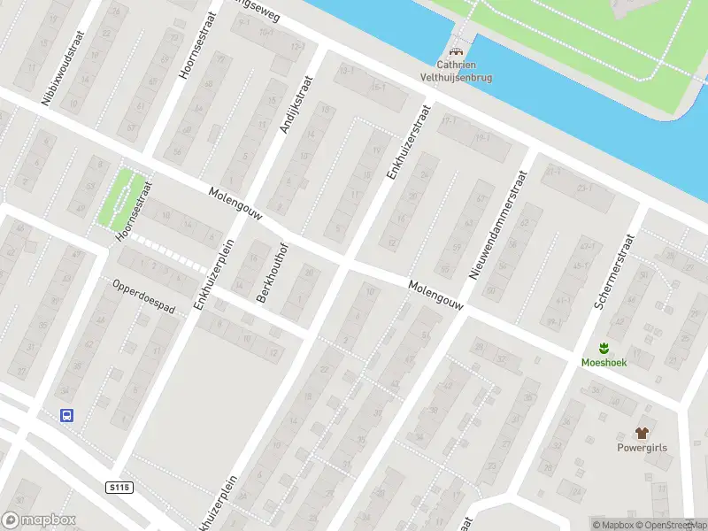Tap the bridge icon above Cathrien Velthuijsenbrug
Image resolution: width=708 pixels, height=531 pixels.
pyautogui.click(x=458, y=52)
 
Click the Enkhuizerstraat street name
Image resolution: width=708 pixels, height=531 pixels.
pyautogui.click(x=408, y=142)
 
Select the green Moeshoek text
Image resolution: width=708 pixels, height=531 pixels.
pyautogui.click(x=604, y=363)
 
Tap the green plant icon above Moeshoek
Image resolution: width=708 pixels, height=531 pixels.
pyautogui.click(x=604, y=347)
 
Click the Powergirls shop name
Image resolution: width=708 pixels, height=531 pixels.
pyautogui.click(x=642, y=448)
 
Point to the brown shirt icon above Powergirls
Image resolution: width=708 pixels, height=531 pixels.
pyautogui.click(x=643, y=433)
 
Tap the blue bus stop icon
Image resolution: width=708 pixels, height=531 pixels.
pyautogui.click(x=65, y=414)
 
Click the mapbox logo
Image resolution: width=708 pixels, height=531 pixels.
pyautogui.click(x=39, y=520)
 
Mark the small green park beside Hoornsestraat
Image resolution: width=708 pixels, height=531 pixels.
pyautogui.click(x=119, y=195)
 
